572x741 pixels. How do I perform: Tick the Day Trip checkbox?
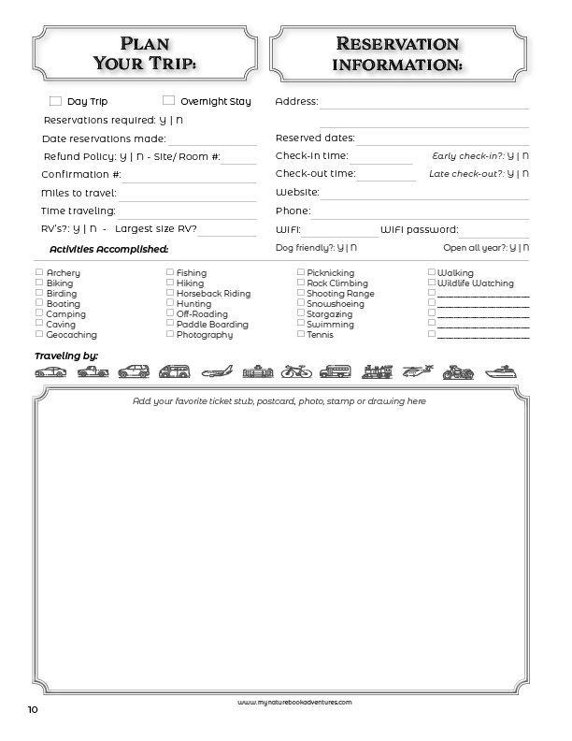tap(55, 101)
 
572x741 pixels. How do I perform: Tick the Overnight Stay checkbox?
tap(169, 100)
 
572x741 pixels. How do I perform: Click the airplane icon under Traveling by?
tap(216, 371)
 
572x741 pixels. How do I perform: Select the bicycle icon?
tap(295, 371)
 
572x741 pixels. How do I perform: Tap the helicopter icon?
tap(416, 371)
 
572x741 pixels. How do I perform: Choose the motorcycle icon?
tap(458, 371)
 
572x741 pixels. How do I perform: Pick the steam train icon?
tap(376, 371)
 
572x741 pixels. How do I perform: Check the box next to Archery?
tap(39, 272)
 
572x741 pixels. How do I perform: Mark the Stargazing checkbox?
tap(301, 313)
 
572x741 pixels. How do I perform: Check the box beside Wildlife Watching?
tap(432, 283)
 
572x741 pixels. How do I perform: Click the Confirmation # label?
tap(81, 174)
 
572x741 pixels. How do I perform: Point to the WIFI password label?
tap(419, 229)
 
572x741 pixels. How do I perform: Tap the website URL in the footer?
tap(294, 702)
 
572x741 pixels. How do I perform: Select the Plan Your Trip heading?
tap(158, 53)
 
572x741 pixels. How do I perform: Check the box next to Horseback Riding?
tap(170, 293)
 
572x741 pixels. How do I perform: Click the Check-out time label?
tap(315, 174)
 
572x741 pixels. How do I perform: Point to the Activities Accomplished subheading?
tap(108, 249)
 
